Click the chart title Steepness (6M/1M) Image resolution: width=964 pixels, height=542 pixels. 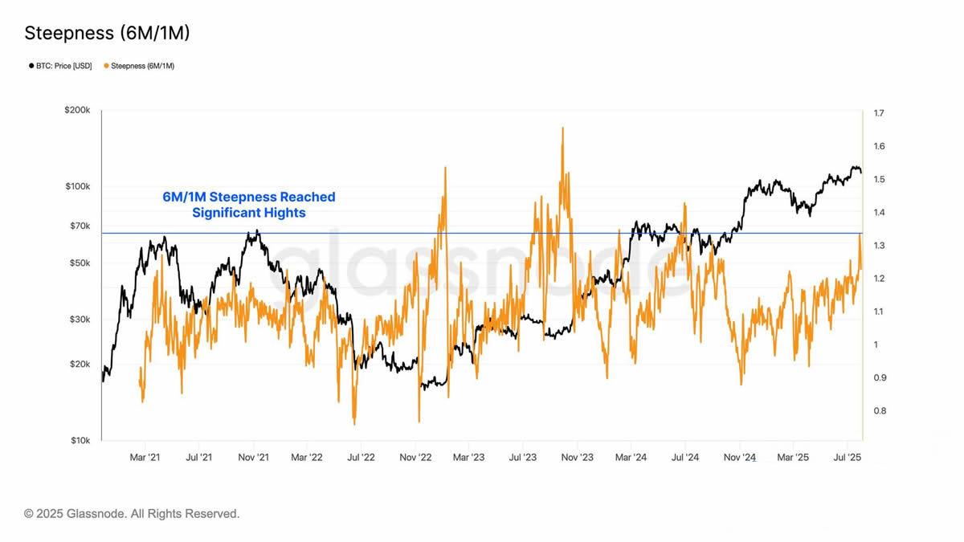tap(107, 33)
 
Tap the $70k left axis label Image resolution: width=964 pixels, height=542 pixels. tap(80, 226)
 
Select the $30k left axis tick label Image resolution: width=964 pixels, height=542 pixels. tap(80, 320)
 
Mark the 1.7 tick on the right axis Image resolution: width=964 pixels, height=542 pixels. tap(879, 113)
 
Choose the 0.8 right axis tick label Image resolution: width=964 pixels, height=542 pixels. tap(879, 411)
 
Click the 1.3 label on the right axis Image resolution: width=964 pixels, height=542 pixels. tap(879, 246)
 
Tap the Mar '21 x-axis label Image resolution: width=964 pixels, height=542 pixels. tap(145, 458)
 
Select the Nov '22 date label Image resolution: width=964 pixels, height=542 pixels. tap(415, 458)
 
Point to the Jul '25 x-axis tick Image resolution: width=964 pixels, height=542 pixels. tap(848, 458)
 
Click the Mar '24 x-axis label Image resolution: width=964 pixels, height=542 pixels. tap(631, 458)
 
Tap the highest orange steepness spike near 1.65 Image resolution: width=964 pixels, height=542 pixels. tap(562, 128)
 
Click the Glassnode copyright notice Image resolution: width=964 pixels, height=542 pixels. tap(132, 513)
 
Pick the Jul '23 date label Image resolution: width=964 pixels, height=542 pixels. tap(523, 458)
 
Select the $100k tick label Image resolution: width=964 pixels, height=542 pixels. tap(78, 187)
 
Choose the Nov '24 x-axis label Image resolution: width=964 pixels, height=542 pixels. tap(740, 458)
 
